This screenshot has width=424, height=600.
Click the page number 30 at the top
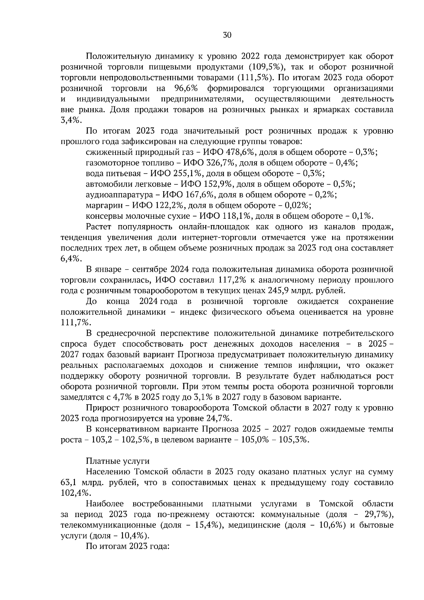227,35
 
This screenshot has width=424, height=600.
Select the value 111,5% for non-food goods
251,78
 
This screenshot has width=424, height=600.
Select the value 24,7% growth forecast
218,419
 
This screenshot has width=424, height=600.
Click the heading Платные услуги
118,461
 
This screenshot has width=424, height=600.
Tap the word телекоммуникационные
108,525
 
